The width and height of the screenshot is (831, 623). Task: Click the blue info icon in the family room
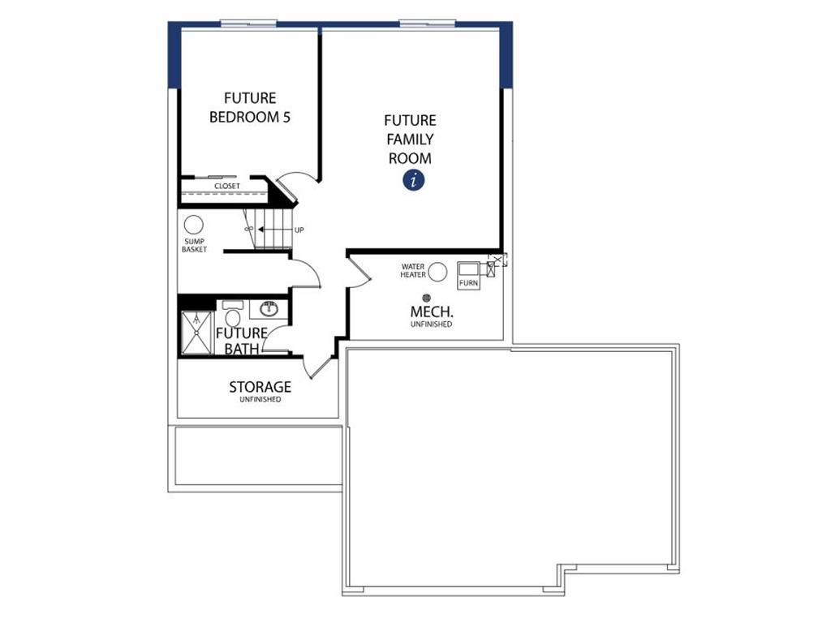click(413, 180)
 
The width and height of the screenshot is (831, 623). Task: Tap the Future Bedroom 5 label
click(250, 108)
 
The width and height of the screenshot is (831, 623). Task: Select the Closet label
click(227, 186)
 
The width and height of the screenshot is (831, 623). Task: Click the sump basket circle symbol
click(193, 226)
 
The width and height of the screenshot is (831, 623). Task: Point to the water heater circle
click(437, 272)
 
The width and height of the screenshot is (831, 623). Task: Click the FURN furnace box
click(468, 275)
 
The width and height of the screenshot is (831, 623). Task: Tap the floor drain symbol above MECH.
click(426, 298)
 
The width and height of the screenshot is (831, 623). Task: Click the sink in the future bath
click(269, 309)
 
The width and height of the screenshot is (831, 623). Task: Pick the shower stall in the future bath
click(197, 333)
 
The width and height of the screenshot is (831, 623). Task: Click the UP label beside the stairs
click(299, 230)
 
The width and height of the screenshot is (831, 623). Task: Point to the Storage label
click(260, 387)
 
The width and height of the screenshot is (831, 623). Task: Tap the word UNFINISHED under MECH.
click(432, 324)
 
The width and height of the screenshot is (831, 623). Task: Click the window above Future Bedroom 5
click(248, 24)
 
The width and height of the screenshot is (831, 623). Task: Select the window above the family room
click(427, 24)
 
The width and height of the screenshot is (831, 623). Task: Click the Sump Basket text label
click(194, 245)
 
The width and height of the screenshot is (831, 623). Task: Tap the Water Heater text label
click(413, 271)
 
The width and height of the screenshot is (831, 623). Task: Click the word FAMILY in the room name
click(410, 140)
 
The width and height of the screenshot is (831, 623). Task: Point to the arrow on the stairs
click(273, 230)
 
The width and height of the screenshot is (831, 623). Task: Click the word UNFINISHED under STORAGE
click(260, 399)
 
